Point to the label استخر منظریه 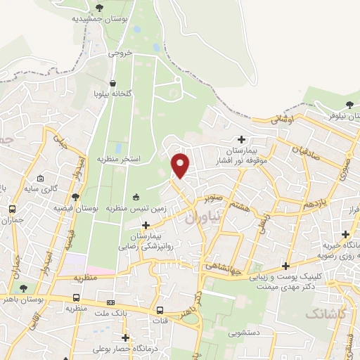point(119,160)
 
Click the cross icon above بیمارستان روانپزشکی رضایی point(146,226)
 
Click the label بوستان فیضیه point(75,208)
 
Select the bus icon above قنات point(160,310)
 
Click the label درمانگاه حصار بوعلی point(125,349)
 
